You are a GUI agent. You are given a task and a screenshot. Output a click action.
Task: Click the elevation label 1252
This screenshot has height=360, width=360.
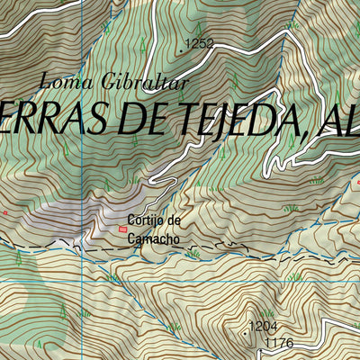pyautogui.click(x=200, y=42)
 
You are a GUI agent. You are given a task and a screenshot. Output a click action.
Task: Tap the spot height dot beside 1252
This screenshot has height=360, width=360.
pyautogui.click(x=182, y=51)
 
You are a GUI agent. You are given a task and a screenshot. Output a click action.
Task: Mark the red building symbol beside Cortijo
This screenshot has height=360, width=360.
pyautogui.click(x=122, y=229)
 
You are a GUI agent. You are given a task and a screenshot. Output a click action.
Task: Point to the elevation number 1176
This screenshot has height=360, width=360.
pyautogui.click(x=280, y=343)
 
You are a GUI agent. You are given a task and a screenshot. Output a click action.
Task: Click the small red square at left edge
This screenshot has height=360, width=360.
pyautogui.click(x=4, y=212)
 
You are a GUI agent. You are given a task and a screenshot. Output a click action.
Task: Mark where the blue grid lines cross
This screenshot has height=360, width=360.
pyautogui.click(x=79, y=282)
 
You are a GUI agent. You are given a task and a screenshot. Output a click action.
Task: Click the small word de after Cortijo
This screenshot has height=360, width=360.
pyautogui.click(x=175, y=220)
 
